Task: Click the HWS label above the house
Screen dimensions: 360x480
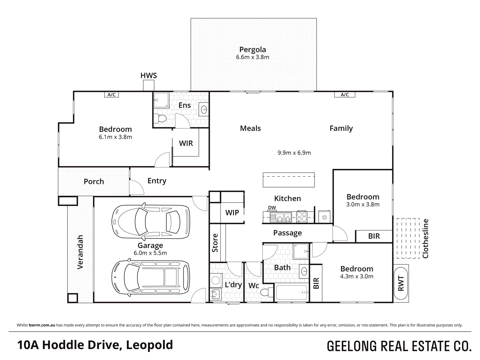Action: click(148, 76)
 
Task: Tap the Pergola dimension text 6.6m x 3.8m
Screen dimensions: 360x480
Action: click(253, 57)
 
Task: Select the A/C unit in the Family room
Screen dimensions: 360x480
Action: click(345, 95)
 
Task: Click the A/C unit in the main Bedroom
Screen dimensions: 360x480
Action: click(111, 95)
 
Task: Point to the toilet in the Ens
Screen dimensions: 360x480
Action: click(160, 118)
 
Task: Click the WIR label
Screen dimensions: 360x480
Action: click(186, 143)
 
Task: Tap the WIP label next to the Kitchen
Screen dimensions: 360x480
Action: click(232, 213)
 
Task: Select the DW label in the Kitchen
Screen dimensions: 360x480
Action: click(272, 208)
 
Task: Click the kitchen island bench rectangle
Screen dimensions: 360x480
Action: click(289, 180)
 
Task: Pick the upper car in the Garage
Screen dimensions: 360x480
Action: click(150, 222)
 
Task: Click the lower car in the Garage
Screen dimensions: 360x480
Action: click(150, 277)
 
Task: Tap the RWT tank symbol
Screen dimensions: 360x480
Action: click(401, 283)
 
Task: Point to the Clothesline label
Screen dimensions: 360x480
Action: click(425, 238)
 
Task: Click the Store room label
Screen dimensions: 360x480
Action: click(215, 243)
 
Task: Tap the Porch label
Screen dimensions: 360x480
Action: click(94, 182)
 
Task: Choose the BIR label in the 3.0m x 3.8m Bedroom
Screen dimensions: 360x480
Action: click(374, 236)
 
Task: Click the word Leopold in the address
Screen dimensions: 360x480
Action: click(149, 345)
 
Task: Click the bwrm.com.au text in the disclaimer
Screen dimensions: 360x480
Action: click(42, 325)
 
